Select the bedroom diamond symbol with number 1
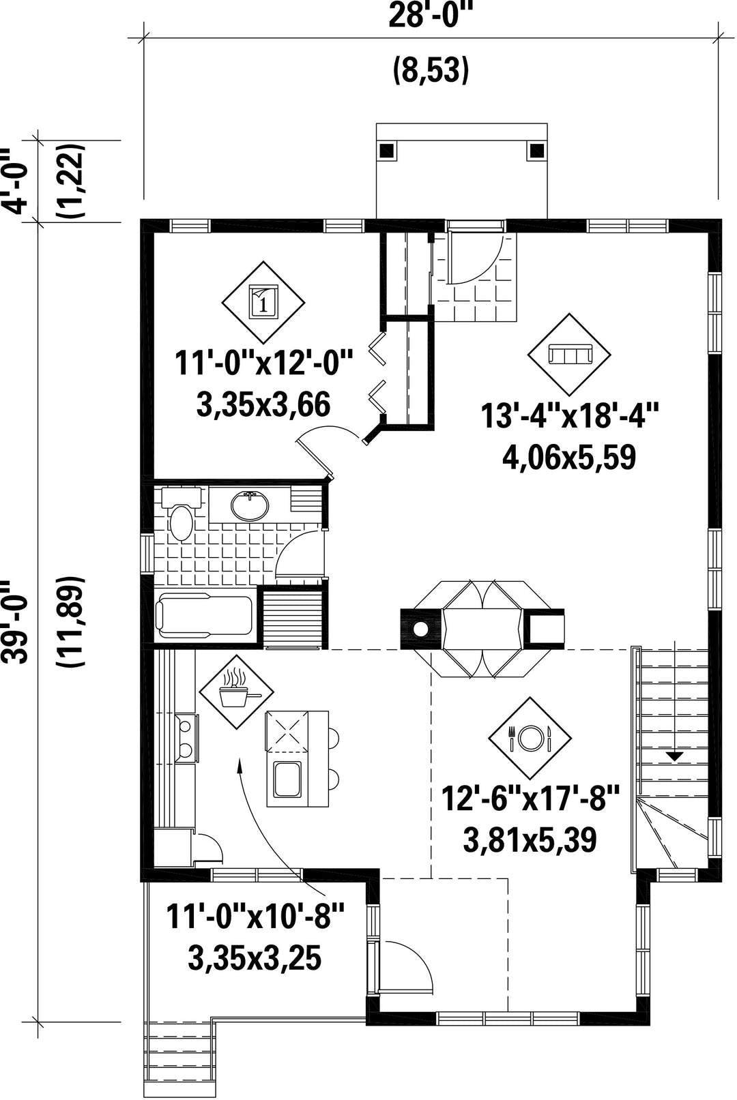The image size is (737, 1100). click(x=263, y=302)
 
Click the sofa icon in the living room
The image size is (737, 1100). click(x=569, y=354)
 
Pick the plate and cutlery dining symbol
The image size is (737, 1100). click(x=530, y=738)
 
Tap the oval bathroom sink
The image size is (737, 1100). click(x=250, y=505)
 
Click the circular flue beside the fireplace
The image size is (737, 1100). click(x=420, y=629)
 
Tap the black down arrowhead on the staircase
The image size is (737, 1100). click(x=675, y=757)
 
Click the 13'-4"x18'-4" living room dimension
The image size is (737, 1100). click(x=569, y=415)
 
